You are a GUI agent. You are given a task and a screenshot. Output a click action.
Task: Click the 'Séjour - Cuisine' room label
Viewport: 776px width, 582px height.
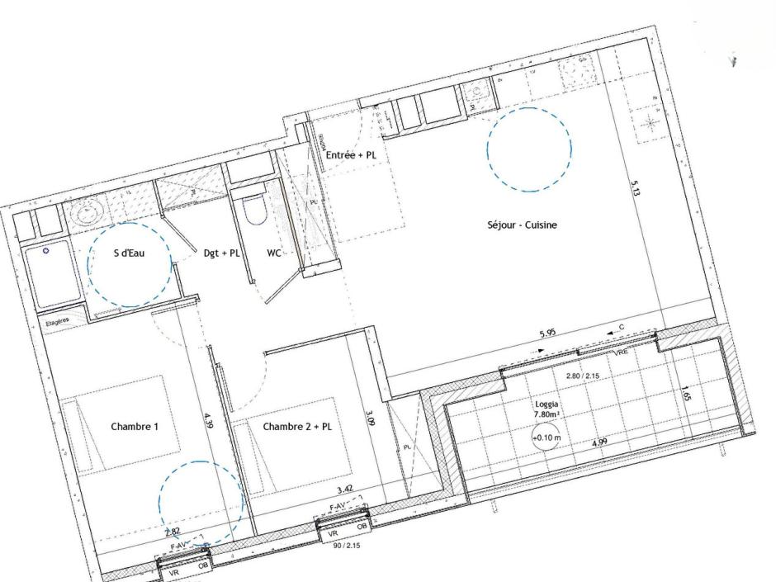(x=521, y=225)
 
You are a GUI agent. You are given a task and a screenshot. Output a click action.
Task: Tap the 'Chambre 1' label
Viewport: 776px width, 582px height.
(x=134, y=427)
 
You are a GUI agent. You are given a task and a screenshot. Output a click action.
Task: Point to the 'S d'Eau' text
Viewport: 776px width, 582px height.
(x=129, y=253)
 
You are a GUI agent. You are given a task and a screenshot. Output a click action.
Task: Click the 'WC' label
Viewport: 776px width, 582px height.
(x=275, y=253)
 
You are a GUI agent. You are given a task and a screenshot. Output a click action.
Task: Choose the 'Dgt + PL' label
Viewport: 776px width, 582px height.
(x=221, y=253)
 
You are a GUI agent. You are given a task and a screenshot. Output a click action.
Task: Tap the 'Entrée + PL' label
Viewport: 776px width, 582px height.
(x=352, y=154)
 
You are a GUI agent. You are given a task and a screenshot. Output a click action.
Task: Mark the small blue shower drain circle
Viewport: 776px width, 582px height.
(x=46, y=249)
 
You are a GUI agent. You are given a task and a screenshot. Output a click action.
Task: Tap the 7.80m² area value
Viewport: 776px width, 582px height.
(x=548, y=417)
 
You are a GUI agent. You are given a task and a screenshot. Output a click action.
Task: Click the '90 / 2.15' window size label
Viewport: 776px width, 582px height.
(x=346, y=546)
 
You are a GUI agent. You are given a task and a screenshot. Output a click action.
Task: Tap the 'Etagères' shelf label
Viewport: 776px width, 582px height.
(x=57, y=322)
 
